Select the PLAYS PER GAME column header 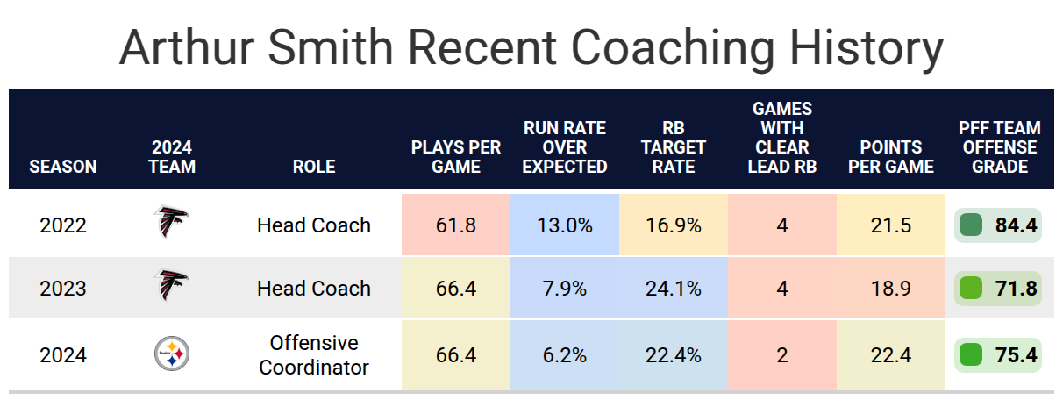click(x=455, y=156)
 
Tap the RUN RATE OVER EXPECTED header click(x=564, y=146)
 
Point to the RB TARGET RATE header click(x=673, y=146)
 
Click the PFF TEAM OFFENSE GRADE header click(x=998, y=146)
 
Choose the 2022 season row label click(x=63, y=225)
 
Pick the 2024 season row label click(x=63, y=355)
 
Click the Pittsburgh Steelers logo click(x=172, y=354)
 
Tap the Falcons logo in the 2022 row click(x=171, y=223)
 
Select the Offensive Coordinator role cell click(x=314, y=354)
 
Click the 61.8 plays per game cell click(x=455, y=225)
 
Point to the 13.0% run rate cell click(x=564, y=225)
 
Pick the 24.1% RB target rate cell click(x=673, y=289)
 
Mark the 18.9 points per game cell click(x=890, y=289)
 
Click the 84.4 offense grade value click(x=1016, y=225)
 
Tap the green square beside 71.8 click(x=970, y=289)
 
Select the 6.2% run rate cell click(x=564, y=355)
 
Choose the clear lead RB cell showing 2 click(x=781, y=355)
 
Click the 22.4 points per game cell click(x=890, y=355)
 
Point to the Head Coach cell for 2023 click(x=314, y=289)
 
